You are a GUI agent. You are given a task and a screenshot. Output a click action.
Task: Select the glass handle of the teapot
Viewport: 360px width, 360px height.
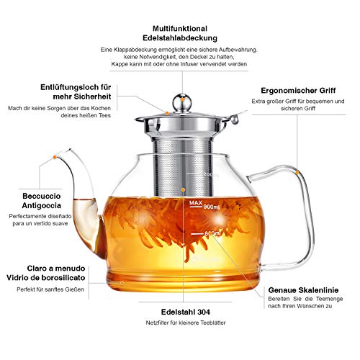click(292, 194)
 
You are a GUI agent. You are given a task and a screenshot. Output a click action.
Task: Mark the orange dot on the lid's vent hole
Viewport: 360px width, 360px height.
click(166, 112)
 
